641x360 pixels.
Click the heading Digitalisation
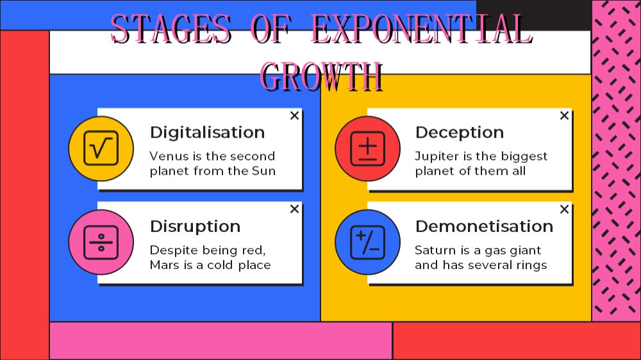(207, 133)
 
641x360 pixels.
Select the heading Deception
(460, 133)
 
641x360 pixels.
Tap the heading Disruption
(195, 227)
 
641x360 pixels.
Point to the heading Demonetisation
(485, 226)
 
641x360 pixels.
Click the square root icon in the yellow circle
(101, 148)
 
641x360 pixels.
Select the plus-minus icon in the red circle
(367, 149)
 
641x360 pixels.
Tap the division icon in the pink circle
(101, 242)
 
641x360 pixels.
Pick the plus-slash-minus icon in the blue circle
(367, 242)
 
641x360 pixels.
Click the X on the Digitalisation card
(294, 116)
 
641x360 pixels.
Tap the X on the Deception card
(564, 116)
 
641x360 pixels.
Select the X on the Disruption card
(294, 209)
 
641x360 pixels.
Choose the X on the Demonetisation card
(564, 209)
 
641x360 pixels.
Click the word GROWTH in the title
(321, 76)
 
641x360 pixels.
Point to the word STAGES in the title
(171, 29)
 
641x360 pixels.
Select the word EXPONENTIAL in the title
(422, 29)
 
